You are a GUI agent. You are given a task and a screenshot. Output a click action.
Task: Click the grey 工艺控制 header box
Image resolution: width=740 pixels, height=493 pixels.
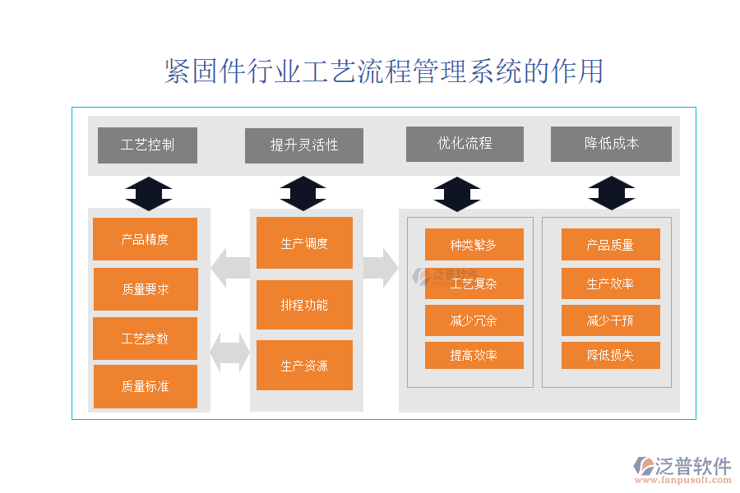tap(147, 145)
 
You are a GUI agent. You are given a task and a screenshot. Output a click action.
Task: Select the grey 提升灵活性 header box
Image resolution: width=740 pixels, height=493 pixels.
tap(304, 145)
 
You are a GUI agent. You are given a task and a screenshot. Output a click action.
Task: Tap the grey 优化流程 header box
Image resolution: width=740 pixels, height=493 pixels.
tap(465, 144)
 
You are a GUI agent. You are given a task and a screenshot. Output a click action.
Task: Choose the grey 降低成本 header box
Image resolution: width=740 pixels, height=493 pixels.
tap(611, 144)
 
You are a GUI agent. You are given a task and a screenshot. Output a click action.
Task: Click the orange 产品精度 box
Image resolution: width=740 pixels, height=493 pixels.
tap(146, 239)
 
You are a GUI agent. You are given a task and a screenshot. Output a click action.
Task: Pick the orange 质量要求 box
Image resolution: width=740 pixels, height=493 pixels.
tap(146, 289)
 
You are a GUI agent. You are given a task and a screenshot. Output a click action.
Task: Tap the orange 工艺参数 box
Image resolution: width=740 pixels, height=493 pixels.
tap(146, 339)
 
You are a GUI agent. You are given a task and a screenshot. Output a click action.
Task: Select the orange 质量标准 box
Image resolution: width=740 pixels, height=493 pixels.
tap(146, 386)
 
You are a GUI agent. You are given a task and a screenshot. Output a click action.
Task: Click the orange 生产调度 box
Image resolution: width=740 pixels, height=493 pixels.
tap(304, 243)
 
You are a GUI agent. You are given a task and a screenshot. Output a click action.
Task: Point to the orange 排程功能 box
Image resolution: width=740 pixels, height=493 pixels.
tap(304, 305)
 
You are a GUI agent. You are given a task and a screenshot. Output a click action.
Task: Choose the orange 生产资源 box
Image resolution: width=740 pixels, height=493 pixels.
tap(304, 366)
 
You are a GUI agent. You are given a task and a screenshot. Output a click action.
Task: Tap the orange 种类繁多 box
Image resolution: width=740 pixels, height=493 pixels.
tap(474, 245)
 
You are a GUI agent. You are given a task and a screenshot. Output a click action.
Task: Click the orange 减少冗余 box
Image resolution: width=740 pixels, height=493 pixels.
tap(474, 320)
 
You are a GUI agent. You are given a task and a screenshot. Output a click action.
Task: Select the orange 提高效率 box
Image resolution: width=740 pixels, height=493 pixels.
tap(474, 356)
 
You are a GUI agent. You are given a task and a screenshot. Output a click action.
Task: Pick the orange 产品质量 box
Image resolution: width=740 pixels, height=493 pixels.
tap(610, 245)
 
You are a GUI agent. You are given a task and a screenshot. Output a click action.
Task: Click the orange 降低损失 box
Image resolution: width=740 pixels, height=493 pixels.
tap(610, 356)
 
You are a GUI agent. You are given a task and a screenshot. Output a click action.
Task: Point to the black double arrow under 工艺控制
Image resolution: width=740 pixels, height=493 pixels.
tap(149, 194)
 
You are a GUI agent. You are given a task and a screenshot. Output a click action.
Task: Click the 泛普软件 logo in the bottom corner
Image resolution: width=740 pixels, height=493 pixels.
tap(682, 471)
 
